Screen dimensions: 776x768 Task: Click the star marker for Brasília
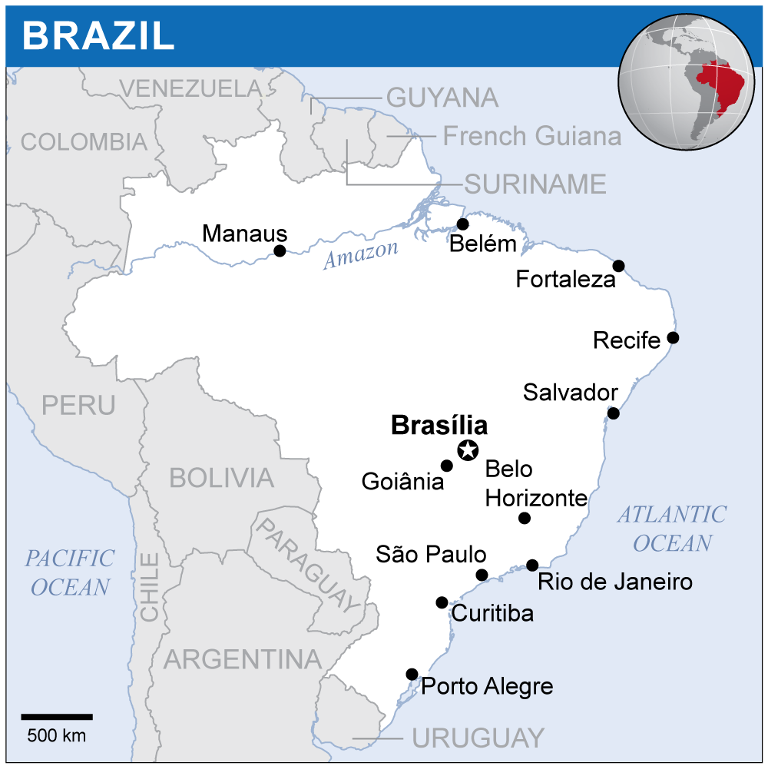(x=468, y=450)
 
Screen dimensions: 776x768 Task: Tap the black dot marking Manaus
(x=280, y=250)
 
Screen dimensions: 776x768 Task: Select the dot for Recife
(x=673, y=337)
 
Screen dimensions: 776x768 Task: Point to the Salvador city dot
(x=613, y=413)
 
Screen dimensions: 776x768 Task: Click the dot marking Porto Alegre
(x=412, y=674)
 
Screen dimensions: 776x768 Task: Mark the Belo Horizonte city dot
(x=525, y=518)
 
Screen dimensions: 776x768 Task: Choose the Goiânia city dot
(x=446, y=466)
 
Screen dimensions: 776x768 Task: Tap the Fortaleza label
(x=565, y=279)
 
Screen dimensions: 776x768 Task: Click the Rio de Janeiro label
(x=614, y=582)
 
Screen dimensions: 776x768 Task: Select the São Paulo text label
(x=431, y=554)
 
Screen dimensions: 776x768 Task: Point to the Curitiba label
(x=492, y=613)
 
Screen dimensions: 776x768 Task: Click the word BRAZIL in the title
(x=98, y=35)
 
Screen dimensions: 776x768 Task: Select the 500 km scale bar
(x=57, y=716)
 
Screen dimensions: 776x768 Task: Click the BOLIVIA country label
(x=221, y=478)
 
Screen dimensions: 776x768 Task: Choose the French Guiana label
(x=531, y=136)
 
